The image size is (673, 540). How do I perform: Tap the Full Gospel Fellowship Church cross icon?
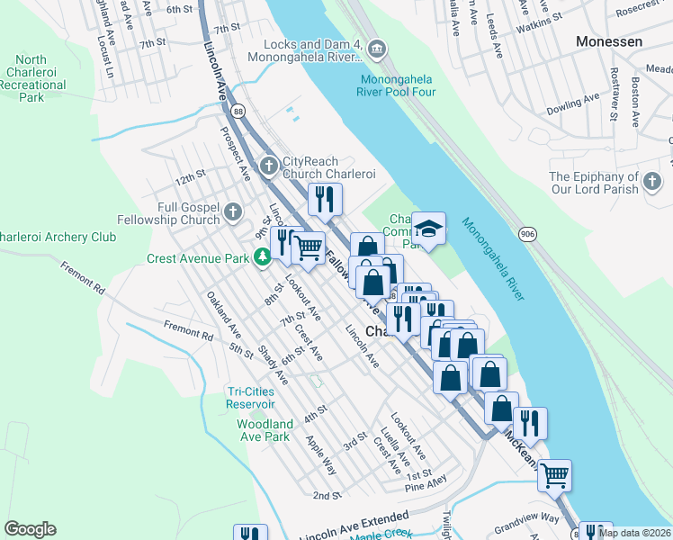pyautogui.click(x=233, y=212)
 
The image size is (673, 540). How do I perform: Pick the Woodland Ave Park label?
pyautogui.click(x=265, y=429)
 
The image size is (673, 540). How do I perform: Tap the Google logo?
pyautogui.click(x=30, y=529)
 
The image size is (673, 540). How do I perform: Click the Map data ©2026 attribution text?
pyautogui.click(x=634, y=532)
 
